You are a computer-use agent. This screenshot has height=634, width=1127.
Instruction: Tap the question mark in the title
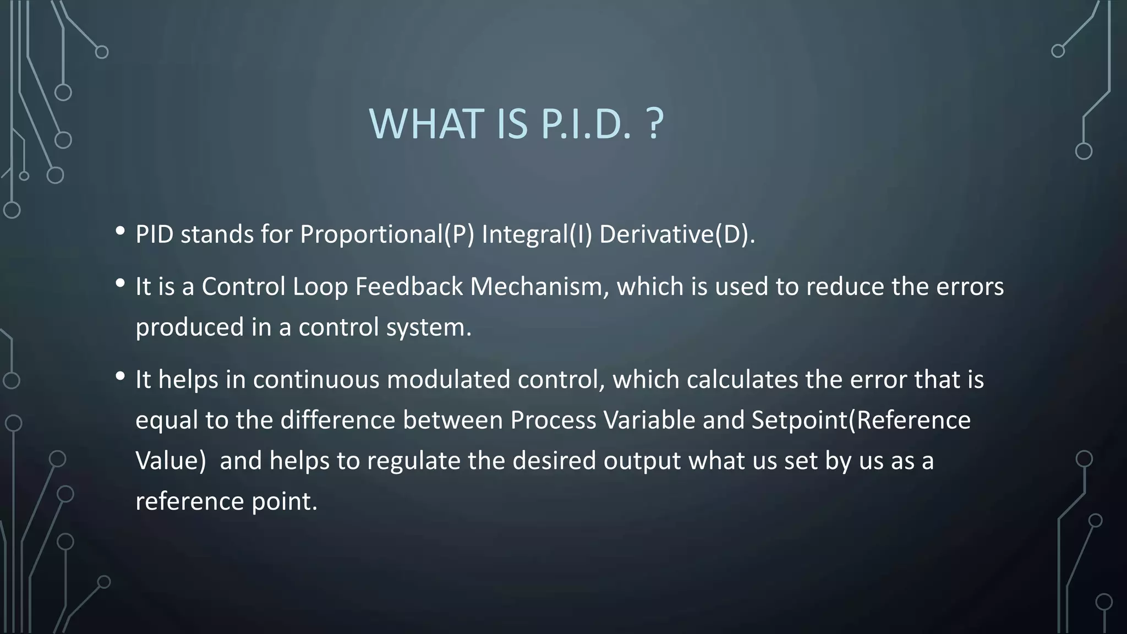(x=654, y=124)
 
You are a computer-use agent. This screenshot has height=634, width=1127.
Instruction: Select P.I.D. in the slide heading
(x=586, y=124)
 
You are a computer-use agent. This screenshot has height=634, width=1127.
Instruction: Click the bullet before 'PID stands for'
(x=120, y=231)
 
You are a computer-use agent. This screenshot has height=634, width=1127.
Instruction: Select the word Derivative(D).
(x=677, y=234)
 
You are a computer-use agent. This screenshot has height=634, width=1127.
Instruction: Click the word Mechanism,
(x=539, y=287)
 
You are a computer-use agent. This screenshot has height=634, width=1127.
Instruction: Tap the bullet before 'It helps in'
(x=120, y=376)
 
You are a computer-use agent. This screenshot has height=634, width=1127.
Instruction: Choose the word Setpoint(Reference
(x=861, y=420)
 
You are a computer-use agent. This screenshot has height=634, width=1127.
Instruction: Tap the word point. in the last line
(x=285, y=501)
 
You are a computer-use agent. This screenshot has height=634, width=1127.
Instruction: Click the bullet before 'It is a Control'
(x=120, y=283)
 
